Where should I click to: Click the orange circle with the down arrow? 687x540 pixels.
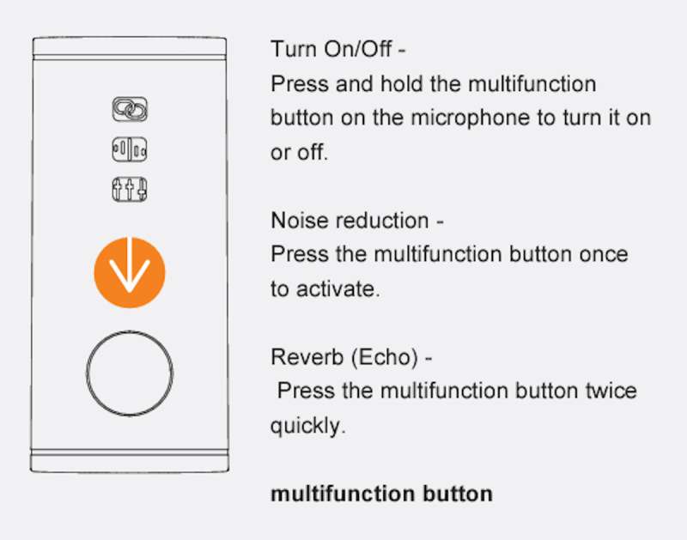[130, 272]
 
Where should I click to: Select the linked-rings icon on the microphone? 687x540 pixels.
[130, 109]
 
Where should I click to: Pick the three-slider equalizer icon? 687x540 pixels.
[130, 189]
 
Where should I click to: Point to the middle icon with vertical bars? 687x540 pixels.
[130, 149]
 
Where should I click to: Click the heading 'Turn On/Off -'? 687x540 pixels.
[338, 49]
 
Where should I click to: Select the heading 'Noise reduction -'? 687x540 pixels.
[357, 221]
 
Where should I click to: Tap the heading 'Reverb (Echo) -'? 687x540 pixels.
[352, 357]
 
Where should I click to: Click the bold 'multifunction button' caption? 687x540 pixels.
[381, 494]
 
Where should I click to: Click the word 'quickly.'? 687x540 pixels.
[308, 426]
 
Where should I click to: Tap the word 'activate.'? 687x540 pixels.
[337, 289]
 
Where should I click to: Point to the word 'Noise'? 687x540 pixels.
[299, 221]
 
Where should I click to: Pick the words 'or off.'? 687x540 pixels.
[299, 153]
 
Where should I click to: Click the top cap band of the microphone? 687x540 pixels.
[130, 46]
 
